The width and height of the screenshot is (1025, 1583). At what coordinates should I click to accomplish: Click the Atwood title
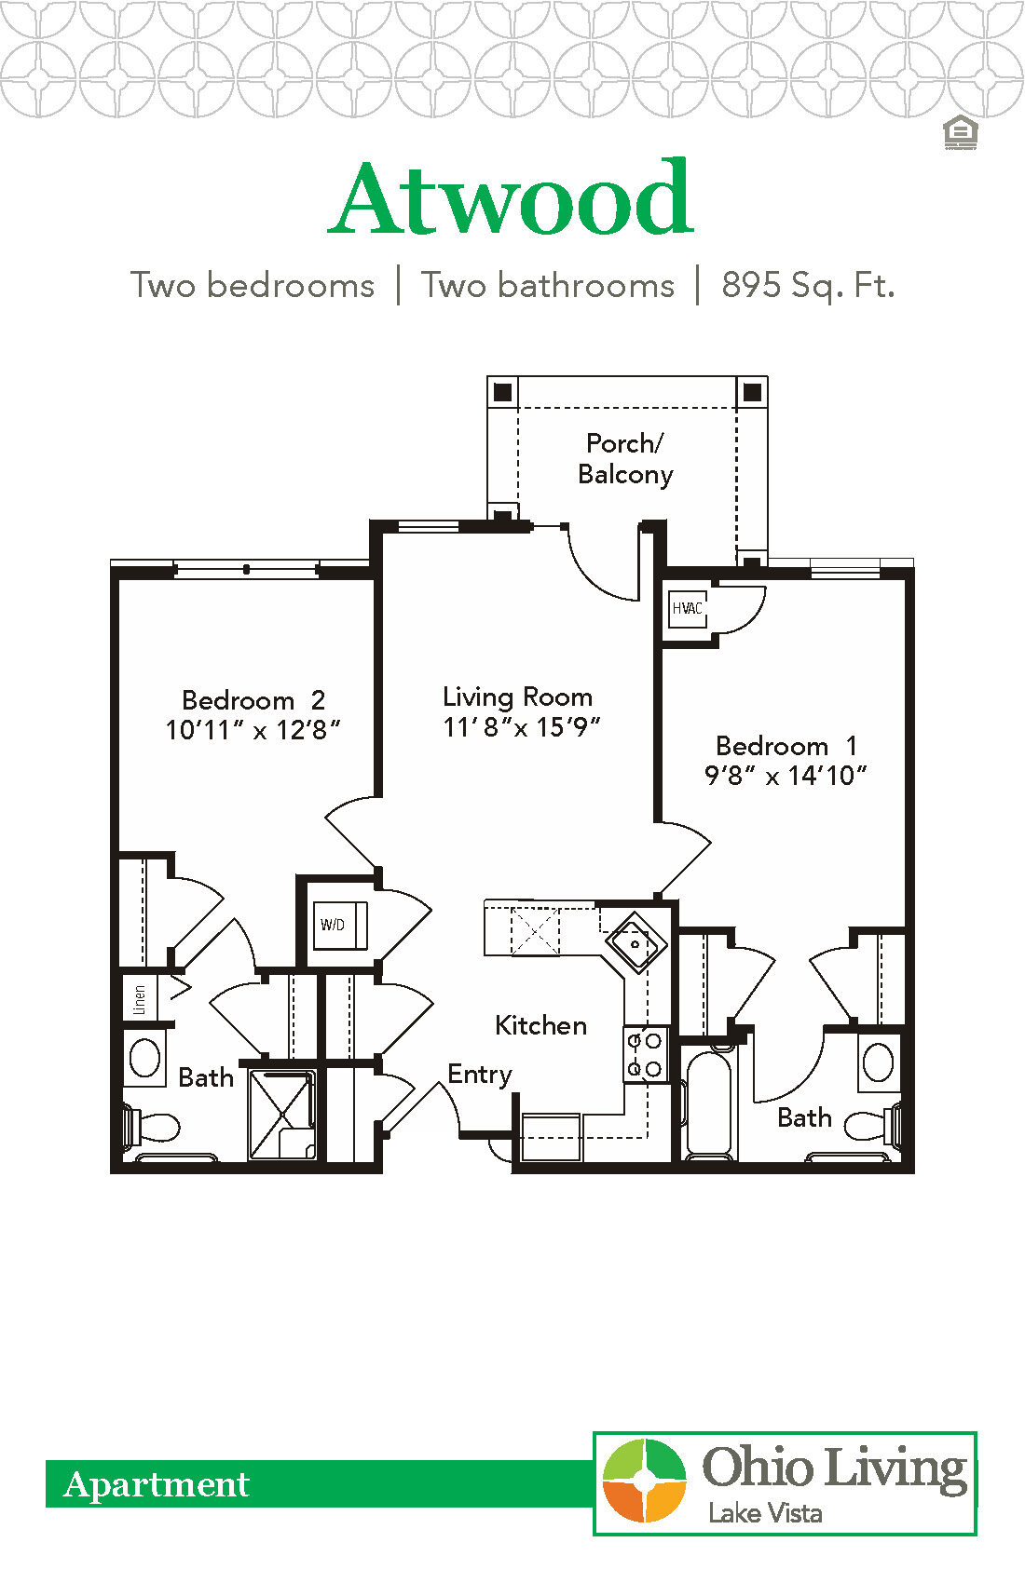tap(512, 198)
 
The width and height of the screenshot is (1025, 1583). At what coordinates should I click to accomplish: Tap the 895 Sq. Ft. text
tap(807, 285)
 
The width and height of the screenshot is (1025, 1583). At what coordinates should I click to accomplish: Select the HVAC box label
tap(688, 609)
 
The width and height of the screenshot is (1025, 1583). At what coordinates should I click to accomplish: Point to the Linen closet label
tap(140, 999)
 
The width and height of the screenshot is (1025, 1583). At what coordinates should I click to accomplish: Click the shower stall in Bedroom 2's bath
tap(282, 1115)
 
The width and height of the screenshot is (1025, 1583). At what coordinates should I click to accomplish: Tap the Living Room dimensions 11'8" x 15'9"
tap(521, 727)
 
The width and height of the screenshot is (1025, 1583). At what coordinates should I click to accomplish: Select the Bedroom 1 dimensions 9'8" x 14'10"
tap(786, 776)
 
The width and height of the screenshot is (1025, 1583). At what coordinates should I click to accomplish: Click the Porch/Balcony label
tap(625, 459)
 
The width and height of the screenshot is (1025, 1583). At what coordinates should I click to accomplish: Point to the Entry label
tap(480, 1074)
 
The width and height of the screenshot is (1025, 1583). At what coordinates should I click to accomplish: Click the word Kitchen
tap(540, 1025)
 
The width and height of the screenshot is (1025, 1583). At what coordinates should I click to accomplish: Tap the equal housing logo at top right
tap(959, 133)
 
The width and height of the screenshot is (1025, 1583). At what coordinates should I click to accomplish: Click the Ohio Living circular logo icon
tap(644, 1481)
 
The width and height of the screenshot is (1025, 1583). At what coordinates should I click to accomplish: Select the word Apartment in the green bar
tap(157, 1484)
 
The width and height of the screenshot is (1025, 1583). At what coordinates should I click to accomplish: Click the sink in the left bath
tap(144, 1058)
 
